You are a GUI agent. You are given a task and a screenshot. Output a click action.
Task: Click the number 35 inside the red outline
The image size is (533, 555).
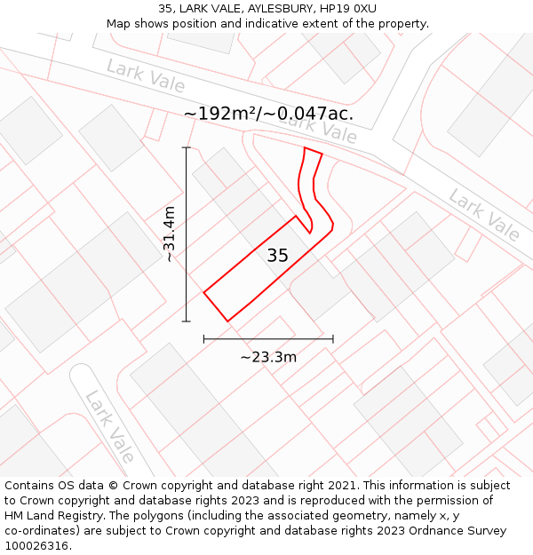(277, 256)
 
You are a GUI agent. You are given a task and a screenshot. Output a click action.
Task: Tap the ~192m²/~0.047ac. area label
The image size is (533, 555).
(268, 114)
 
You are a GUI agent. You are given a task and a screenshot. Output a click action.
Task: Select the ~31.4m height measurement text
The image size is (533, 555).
(170, 234)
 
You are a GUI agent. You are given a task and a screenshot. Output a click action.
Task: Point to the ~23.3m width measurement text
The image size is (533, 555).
(268, 357)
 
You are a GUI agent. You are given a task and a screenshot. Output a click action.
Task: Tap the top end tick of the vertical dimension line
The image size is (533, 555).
(187, 147)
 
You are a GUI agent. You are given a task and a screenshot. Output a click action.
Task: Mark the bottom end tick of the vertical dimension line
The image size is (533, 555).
(187, 321)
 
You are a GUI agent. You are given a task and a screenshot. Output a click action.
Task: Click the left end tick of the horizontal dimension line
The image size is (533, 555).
(204, 338)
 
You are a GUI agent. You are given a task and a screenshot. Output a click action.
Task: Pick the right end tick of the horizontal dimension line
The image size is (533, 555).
(333, 338)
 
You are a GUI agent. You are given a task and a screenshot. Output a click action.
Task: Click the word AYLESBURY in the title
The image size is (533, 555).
(259, 9)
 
